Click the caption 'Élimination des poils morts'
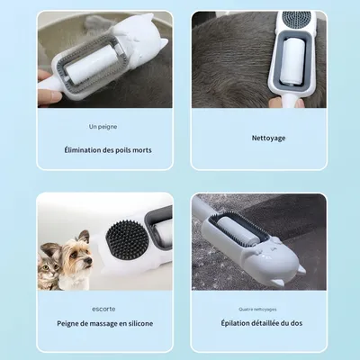(107, 149)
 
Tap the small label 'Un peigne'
(103, 128)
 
